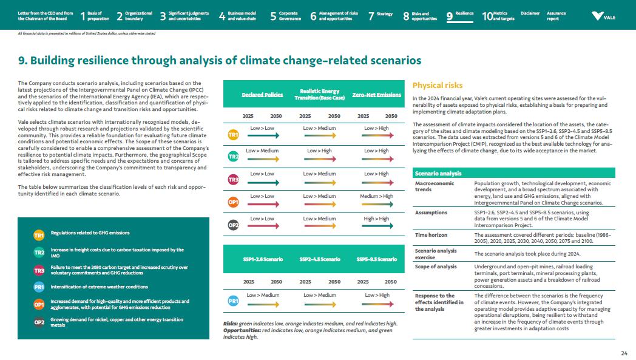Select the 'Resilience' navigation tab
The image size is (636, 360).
click(464, 13)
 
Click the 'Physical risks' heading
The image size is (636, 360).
click(437, 86)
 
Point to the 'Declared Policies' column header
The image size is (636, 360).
click(262, 95)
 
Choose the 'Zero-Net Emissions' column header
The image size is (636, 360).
click(377, 95)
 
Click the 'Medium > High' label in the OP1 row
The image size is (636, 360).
click(376, 196)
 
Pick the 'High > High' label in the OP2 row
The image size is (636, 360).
click(376, 219)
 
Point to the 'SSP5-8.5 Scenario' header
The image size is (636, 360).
click(377, 259)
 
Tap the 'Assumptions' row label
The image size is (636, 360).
click(431, 212)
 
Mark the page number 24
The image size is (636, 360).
click(624, 353)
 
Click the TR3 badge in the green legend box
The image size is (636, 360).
click(39, 270)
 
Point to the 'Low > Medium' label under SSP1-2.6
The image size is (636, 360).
click(262, 295)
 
